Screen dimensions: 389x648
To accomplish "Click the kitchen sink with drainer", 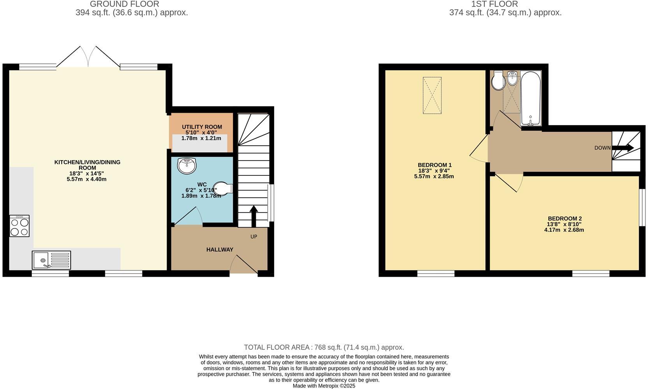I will pyautogui.click(x=51, y=260).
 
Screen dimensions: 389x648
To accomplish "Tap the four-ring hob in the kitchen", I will pyautogui.click(x=19, y=226).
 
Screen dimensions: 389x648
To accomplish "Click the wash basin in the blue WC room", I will pyautogui.click(x=187, y=166).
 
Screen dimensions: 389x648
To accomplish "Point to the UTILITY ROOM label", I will pyautogui.click(x=202, y=127).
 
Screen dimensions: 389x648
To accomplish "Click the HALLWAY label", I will pyautogui.click(x=220, y=249).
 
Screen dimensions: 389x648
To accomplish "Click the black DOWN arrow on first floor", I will pyautogui.click(x=623, y=148).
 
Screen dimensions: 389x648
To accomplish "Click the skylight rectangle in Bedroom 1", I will pyautogui.click(x=432, y=95).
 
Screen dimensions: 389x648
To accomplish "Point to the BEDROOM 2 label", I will pyautogui.click(x=564, y=219).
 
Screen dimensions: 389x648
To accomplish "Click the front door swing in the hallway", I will pyautogui.click(x=243, y=265).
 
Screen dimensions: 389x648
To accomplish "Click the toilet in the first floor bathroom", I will pyautogui.click(x=498, y=81).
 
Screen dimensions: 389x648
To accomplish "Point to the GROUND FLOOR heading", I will pyautogui.click(x=124, y=4).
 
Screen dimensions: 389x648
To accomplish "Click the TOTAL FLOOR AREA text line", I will pyautogui.click(x=324, y=347).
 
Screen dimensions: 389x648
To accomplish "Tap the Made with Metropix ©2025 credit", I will pyautogui.click(x=324, y=386).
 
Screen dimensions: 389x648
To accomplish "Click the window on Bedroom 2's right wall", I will pyautogui.click(x=642, y=207).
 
